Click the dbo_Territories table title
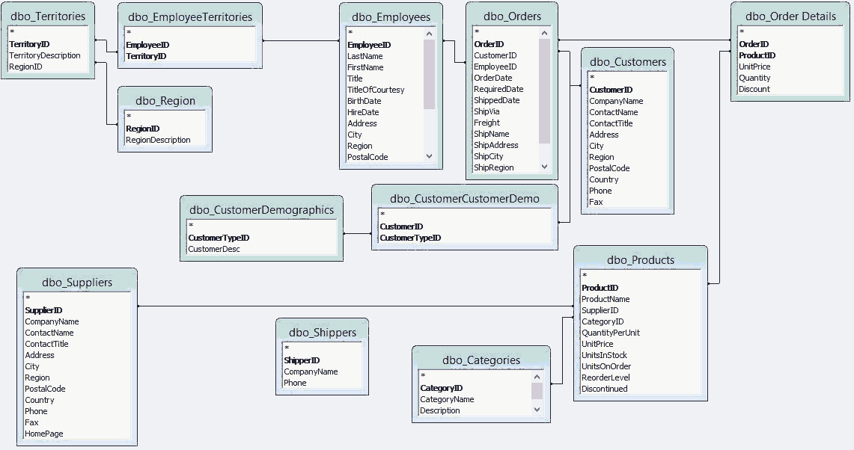coord(48,16)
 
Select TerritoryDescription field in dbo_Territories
coord(45,55)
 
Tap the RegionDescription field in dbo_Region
coord(158,140)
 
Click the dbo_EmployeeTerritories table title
coord(190,16)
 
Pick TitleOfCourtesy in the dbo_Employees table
coord(376,90)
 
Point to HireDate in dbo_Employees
coord(363,112)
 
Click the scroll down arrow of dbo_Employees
coord(429,156)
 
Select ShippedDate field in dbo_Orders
coord(497,100)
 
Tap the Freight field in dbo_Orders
coord(487,123)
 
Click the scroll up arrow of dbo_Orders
coord(544,33)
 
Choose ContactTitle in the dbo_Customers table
coord(611,123)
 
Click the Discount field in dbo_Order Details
coord(754,89)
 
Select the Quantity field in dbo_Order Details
coord(754,78)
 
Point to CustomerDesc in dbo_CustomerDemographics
coord(214,249)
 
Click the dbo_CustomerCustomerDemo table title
coord(464,198)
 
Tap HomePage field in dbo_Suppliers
coord(44,434)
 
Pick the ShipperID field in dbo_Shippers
coord(302,360)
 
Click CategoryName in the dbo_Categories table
coord(447,399)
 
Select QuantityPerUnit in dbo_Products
coord(611,333)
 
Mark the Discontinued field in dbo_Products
coord(605,389)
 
